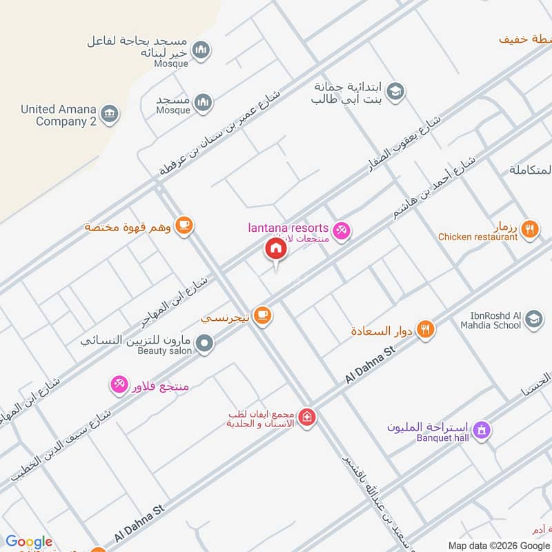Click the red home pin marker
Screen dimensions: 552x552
[x=275, y=249]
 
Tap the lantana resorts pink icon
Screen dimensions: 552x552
[x=340, y=230]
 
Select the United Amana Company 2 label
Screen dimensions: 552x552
[x=58, y=115]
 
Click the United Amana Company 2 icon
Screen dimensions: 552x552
[x=108, y=114]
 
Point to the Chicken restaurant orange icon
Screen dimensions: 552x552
[x=529, y=229]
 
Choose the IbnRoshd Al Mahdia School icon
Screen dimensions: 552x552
[x=533, y=319]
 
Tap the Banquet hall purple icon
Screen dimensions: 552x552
[x=482, y=430]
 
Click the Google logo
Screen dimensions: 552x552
[x=29, y=542]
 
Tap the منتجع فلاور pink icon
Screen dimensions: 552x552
[x=119, y=384]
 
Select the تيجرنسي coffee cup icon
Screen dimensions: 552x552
[x=262, y=315]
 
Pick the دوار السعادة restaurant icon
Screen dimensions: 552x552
[x=426, y=330]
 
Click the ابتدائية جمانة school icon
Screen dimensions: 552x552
[x=395, y=92]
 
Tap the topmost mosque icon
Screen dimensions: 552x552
[x=201, y=50]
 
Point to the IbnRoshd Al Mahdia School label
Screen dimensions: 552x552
[x=479, y=319]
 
